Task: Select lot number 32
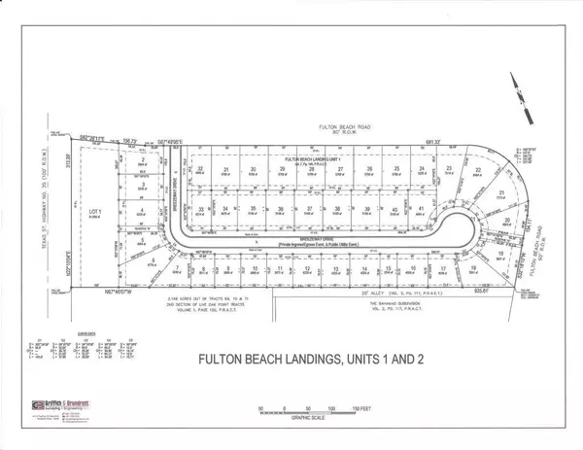[x=201, y=168]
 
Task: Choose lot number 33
[x=201, y=209]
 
